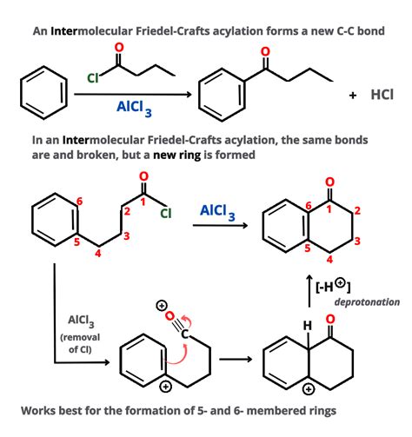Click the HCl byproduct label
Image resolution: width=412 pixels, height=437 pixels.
point(382,95)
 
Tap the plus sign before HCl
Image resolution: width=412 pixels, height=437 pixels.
point(353,96)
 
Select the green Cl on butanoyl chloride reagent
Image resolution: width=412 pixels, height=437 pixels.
point(93,78)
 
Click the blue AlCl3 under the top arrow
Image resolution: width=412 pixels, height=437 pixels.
point(134,109)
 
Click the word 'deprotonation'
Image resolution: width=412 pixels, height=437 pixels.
point(367,302)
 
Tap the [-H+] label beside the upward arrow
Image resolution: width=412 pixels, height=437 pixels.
point(333,286)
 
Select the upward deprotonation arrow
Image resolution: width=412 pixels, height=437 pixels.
point(309,290)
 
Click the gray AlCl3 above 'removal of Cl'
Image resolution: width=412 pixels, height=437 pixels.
point(81,321)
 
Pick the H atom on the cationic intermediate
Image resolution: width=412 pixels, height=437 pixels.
point(308,327)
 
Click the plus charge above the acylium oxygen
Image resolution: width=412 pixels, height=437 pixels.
point(162,306)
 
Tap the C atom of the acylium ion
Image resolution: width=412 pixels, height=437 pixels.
point(184,334)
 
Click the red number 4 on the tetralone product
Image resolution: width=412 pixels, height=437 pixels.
point(329,259)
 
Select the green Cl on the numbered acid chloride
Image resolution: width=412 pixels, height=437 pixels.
point(166,214)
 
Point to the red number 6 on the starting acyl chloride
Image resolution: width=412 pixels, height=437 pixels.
point(80,201)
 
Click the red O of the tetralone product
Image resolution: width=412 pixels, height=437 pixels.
point(329,182)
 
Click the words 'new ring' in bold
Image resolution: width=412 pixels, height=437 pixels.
point(176,156)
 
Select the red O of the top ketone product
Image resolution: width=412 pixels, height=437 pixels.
point(265,51)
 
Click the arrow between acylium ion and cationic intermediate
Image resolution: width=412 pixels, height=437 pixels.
point(236,360)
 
